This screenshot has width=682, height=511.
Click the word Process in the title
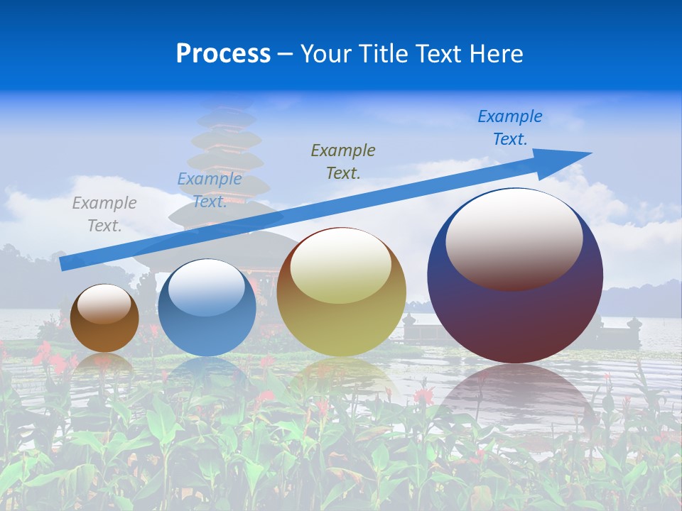[223, 54]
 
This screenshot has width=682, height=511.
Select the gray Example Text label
[104, 214]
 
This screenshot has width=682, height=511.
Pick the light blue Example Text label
[209, 190]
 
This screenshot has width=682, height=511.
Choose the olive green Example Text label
[343, 161]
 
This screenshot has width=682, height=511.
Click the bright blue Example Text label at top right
[509, 128]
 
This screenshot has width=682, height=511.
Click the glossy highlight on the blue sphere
[207, 287]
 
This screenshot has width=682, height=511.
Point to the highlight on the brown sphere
[104, 303]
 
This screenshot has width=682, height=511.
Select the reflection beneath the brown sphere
[104, 363]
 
